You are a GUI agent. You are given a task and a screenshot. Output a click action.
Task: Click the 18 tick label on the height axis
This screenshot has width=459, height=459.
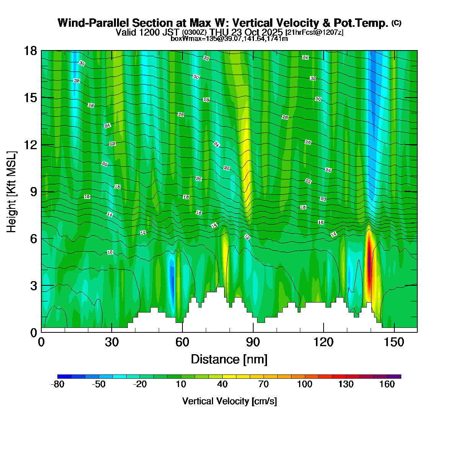click(31, 51)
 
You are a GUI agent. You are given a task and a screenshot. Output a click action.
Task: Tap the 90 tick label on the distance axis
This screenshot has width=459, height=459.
click(253, 342)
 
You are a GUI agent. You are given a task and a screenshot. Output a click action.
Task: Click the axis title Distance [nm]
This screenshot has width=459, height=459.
click(229, 360)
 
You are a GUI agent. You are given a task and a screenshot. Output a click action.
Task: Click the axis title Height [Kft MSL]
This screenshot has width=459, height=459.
click(12, 192)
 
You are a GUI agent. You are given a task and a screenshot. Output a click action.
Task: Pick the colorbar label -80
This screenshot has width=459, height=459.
click(57, 385)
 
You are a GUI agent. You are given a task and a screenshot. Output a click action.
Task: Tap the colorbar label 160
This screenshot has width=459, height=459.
click(387, 385)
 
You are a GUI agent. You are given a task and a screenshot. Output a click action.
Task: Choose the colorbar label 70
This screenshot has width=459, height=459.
click(264, 385)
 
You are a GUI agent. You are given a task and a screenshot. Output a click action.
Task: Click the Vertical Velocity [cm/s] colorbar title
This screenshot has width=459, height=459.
click(229, 401)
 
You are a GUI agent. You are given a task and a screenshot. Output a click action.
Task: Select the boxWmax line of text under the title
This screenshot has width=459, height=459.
click(229, 38)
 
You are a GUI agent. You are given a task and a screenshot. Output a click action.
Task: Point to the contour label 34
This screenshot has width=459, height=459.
click(305, 57)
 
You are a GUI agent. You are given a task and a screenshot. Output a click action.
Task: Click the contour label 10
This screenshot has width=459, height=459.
click(110, 252)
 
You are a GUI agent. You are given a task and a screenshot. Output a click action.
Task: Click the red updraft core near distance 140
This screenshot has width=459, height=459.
click(369, 264)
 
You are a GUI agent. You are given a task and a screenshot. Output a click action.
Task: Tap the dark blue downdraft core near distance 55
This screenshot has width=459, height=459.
click(172, 283)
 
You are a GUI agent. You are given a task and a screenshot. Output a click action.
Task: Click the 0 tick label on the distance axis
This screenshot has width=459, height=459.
click(41, 342)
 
